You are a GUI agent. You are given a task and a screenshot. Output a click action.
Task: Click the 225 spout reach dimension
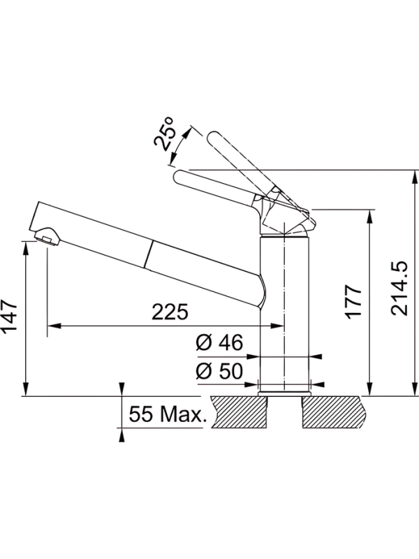click(170, 312)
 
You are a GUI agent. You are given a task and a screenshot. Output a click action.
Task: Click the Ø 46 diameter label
click(219, 342)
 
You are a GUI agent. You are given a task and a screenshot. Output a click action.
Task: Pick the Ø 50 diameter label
click(219, 371)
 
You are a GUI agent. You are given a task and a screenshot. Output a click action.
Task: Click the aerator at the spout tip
click(47, 236)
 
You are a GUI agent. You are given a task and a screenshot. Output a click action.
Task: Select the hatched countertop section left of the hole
click(239, 412)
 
